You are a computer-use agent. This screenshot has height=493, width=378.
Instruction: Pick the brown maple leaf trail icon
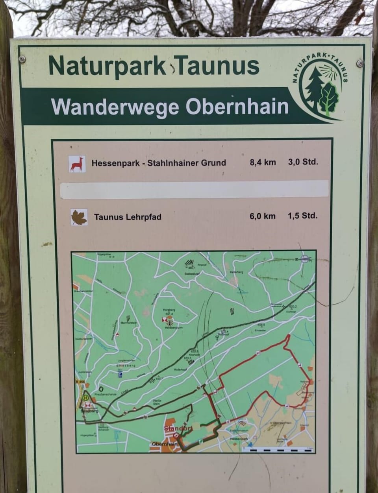79,217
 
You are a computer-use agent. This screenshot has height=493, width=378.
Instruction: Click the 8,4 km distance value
263,162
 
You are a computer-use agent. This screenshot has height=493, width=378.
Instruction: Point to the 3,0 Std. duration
303,161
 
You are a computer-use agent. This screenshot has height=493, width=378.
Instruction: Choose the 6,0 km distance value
262,216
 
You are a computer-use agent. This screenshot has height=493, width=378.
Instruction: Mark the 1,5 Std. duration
302,216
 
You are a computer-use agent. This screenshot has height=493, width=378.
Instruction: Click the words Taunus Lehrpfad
128,217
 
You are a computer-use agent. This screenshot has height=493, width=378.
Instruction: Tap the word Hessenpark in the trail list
113,162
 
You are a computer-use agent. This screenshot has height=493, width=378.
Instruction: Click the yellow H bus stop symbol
85,398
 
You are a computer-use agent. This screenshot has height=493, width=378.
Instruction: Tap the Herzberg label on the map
169,310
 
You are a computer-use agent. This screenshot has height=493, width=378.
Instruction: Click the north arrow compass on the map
304,259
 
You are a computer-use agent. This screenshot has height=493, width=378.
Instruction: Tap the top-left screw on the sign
22,59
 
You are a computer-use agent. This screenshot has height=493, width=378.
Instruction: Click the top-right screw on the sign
359,63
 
